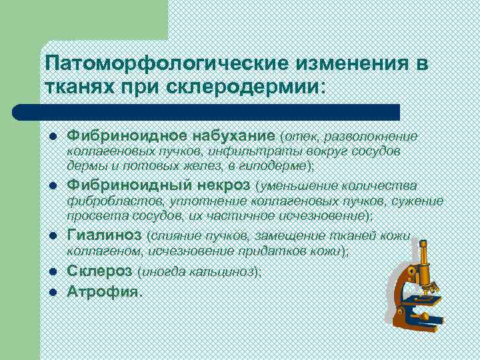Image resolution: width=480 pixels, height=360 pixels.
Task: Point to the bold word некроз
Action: (224, 184)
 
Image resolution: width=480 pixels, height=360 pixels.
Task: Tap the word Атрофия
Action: (104, 291)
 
